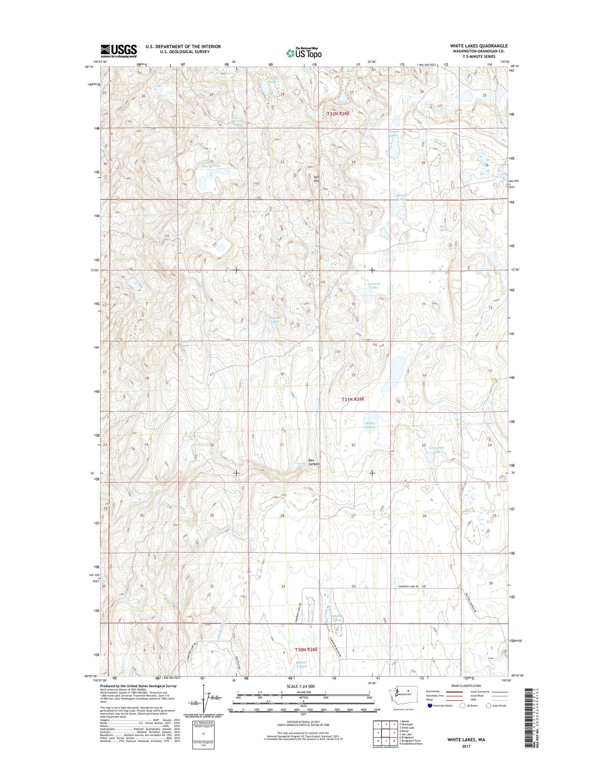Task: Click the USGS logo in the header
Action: (x=119, y=51)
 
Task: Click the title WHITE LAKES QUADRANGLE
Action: (x=478, y=46)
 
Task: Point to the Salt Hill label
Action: (x=317, y=178)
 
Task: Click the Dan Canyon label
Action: (x=313, y=462)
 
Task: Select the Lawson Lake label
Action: (x=373, y=285)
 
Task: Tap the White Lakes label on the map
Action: (x=370, y=425)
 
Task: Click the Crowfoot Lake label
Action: (x=437, y=450)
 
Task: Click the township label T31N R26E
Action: (x=353, y=399)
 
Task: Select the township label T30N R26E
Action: (x=306, y=649)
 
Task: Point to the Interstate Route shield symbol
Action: (x=430, y=705)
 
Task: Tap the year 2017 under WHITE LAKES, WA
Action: (x=466, y=746)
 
